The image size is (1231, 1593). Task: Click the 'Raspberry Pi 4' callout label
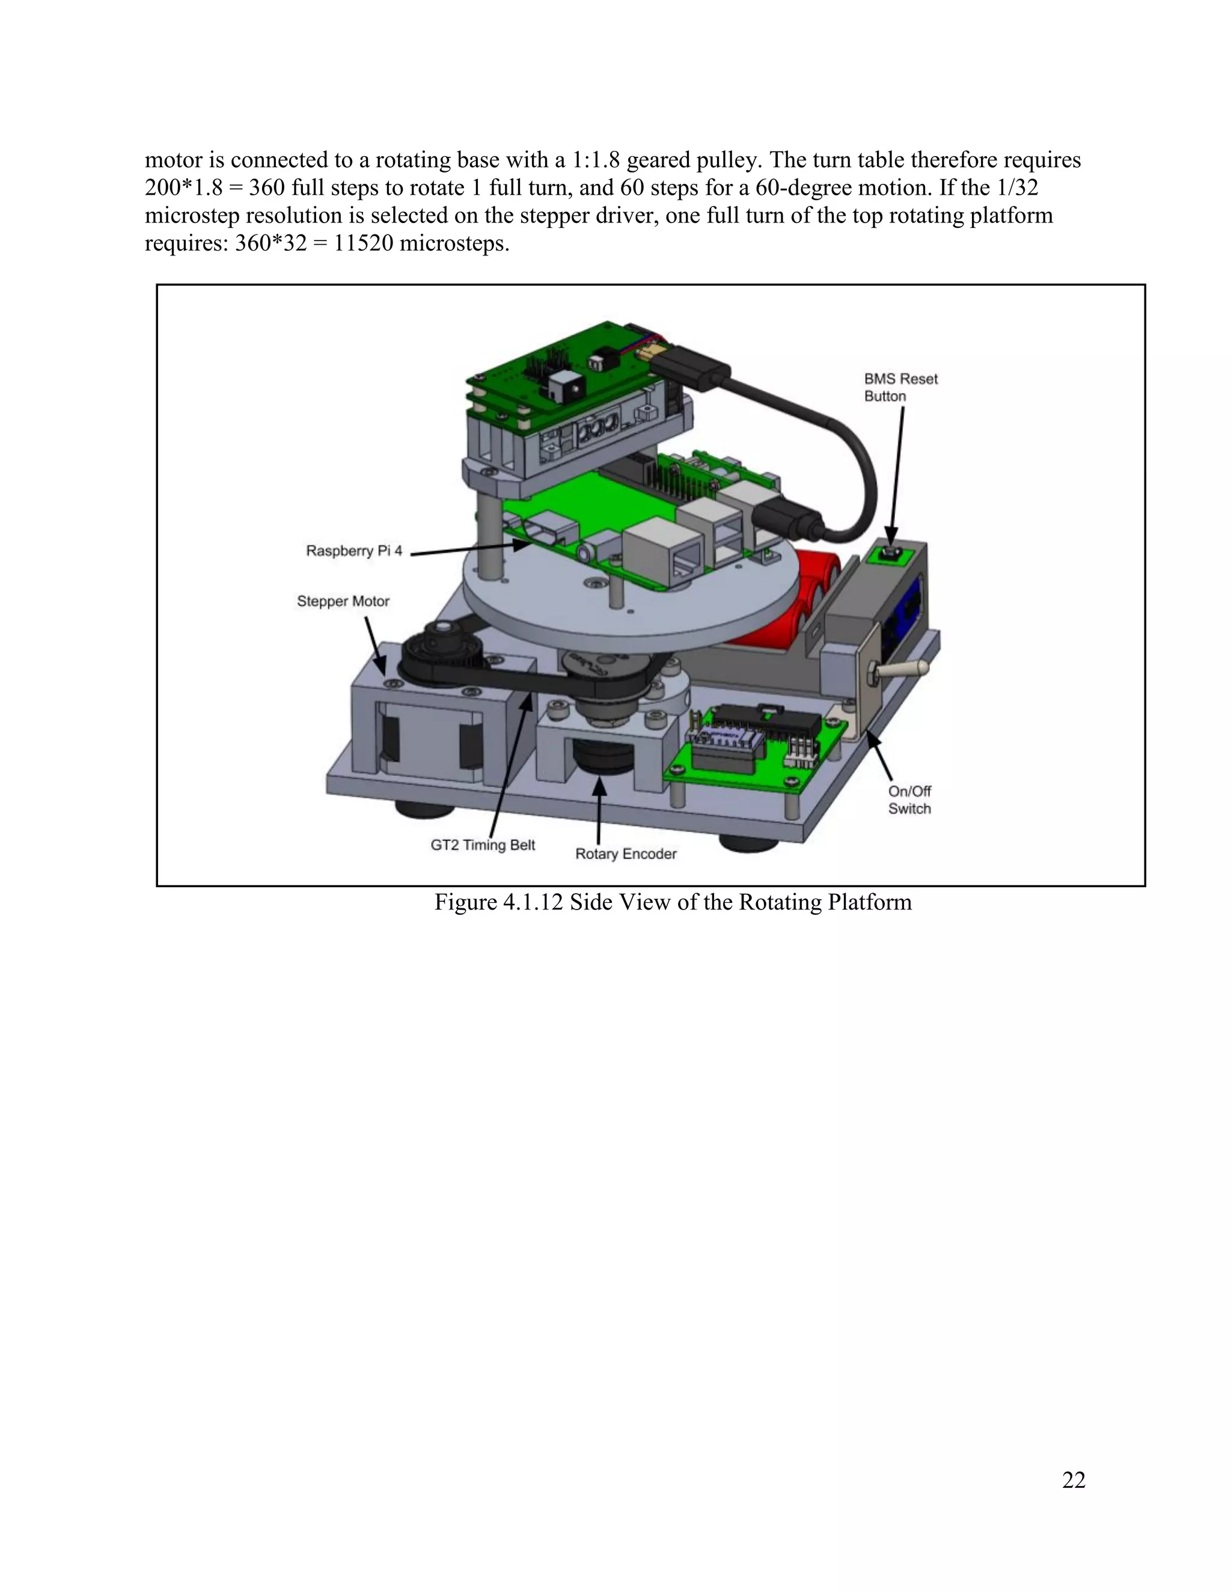tap(353, 551)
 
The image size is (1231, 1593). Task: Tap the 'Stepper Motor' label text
tap(343, 601)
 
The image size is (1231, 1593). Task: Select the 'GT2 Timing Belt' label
tap(482, 845)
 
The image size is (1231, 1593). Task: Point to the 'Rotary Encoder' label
tap(626, 854)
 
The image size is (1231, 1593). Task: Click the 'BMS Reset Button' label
tap(900, 387)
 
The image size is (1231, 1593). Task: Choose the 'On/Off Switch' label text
tap(909, 800)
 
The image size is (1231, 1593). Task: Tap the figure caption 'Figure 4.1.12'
tap(499, 902)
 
